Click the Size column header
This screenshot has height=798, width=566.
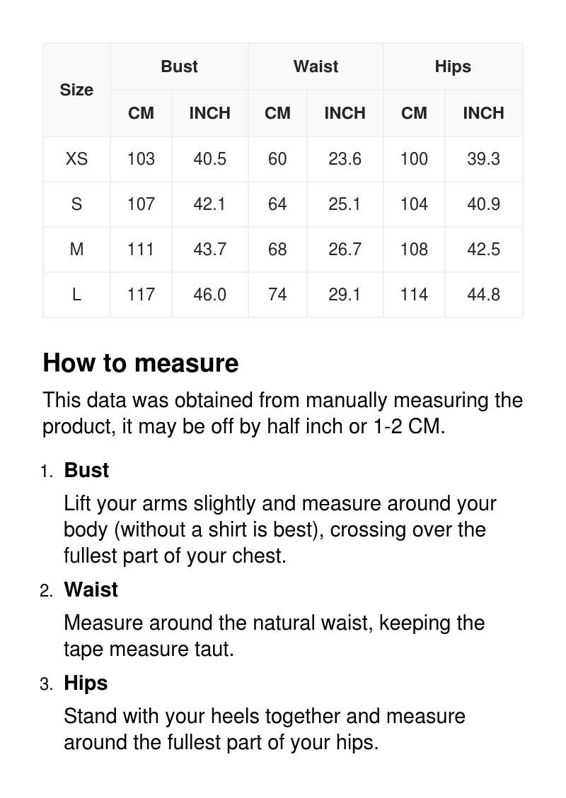point(76,90)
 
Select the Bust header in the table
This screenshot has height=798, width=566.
point(179,66)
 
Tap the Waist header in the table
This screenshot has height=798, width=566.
point(316,66)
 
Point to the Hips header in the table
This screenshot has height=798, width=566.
point(453,66)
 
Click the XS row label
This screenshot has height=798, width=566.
point(76,159)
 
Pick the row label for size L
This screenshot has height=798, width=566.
point(76,295)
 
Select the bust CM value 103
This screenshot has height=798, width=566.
point(141,159)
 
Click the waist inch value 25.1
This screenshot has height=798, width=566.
point(345,204)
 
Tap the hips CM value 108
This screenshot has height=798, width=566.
point(414,250)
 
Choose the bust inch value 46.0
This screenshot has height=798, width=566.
point(209,295)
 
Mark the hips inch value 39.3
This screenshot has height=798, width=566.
point(483,159)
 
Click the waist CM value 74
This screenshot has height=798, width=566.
point(277,295)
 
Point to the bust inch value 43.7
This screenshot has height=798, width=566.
point(209,250)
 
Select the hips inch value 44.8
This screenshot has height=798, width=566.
point(483,295)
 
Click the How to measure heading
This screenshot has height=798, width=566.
point(140,363)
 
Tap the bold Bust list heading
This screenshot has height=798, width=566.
point(86,470)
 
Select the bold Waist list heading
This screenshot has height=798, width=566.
point(91,589)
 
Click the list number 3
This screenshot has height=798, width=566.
point(46,684)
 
